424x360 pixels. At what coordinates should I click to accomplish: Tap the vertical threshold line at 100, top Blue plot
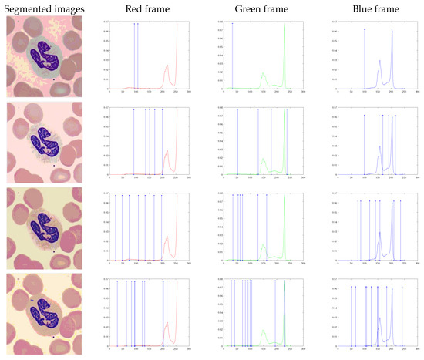pyautogui.click(x=365, y=58)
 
